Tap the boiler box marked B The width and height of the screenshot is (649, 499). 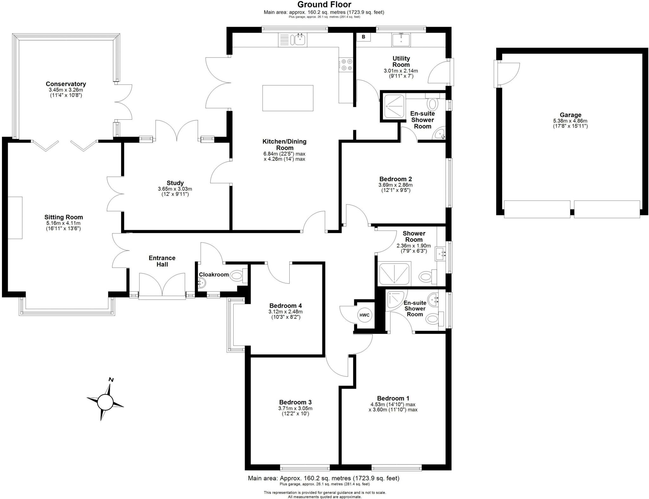pyautogui.click(x=363, y=37)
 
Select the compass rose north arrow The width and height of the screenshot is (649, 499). pyautogui.click(x=106, y=401)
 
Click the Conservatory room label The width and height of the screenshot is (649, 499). pyautogui.click(x=66, y=84)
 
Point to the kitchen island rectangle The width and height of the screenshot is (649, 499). pyautogui.click(x=288, y=98)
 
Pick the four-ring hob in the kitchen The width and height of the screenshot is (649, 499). pyautogui.click(x=346, y=65)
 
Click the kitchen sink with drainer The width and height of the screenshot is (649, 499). pyautogui.click(x=293, y=40)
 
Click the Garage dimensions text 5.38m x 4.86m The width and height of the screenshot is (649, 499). pyautogui.click(x=570, y=121)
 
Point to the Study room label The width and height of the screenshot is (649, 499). pyautogui.click(x=175, y=183)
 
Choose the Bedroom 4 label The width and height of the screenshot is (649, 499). pyautogui.click(x=285, y=306)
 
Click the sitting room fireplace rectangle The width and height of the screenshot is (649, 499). pyautogui.click(x=15, y=218)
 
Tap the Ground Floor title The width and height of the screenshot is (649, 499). pyautogui.click(x=324, y=4)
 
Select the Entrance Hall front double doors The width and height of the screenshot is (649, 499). pyautogui.click(x=162, y=285)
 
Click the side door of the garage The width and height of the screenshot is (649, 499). pyautogui.click(x=506, y=74)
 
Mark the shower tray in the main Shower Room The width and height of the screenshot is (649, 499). pyautogui.click(x=395, y=273)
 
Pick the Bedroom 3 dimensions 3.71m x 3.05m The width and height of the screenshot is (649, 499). pyautogui.click(x=295, y=408)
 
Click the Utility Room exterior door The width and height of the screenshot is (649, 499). pyautogui.click(x=439, y=72)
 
